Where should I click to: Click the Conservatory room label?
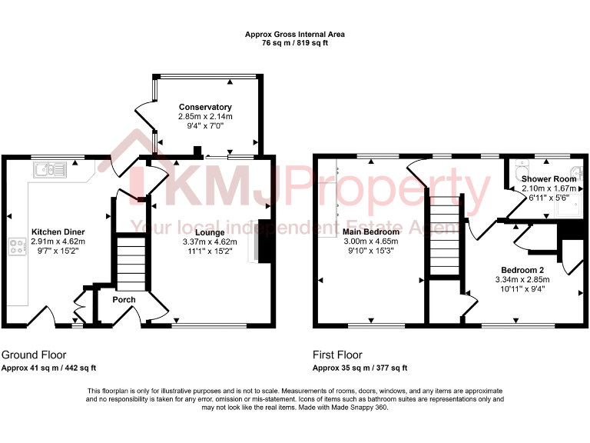pos(205,107)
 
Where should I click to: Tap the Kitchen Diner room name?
pos(58,231)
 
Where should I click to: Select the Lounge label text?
pos(209,231)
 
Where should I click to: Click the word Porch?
pos(124,299)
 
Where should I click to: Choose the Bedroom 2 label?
pos(522,269)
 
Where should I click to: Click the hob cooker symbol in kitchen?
pos(16,248)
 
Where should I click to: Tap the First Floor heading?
pos(337,355)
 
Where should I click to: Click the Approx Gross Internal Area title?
pos(294,34)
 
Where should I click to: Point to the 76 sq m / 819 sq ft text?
pos(294,43)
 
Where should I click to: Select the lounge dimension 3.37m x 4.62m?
pos(209,241)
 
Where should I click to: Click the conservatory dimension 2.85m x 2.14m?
pos(205,116)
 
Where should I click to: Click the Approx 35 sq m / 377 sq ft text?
pos(360,368)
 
